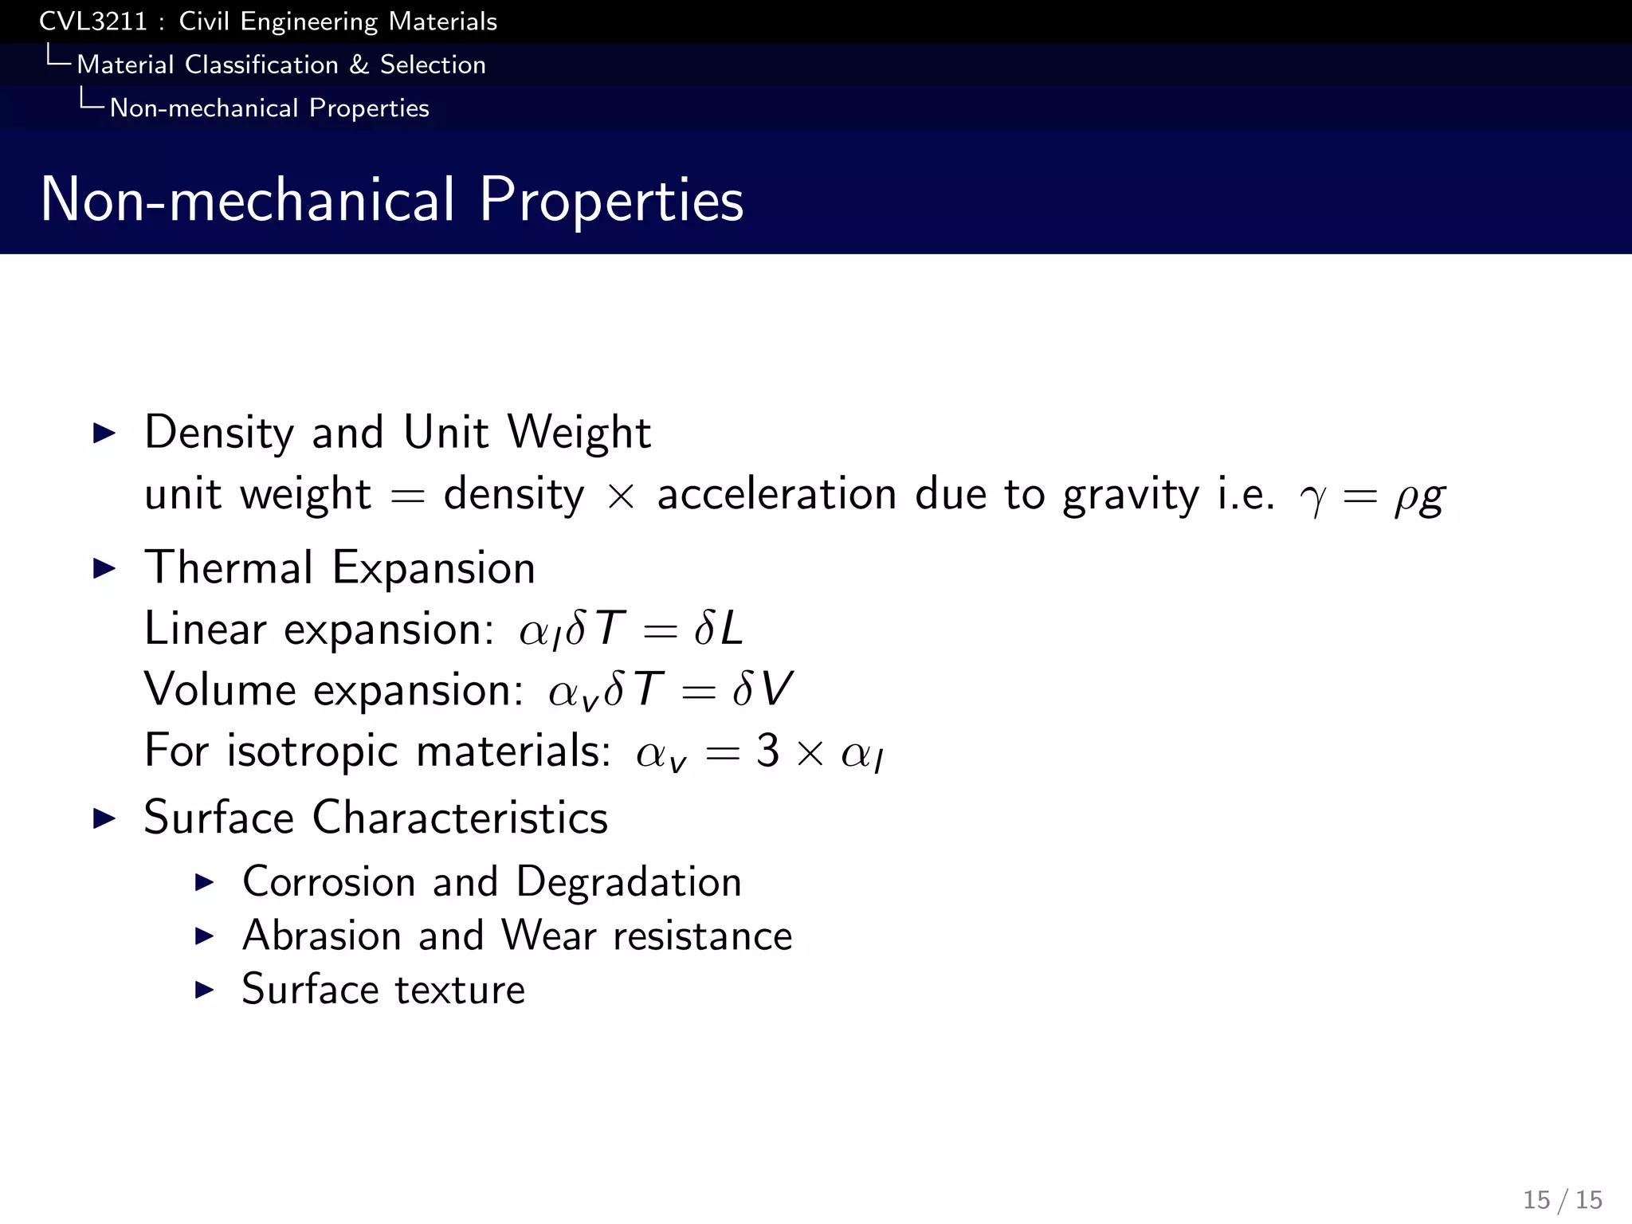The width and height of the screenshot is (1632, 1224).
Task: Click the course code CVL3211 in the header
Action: click(93, 22)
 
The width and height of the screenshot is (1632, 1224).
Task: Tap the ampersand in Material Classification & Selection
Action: click(359, 65)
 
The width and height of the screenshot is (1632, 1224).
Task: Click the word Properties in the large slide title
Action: click(611, 200)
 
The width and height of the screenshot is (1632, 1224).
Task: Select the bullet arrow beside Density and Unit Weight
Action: click(104, 433)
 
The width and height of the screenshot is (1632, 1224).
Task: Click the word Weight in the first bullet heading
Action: click(579, 433)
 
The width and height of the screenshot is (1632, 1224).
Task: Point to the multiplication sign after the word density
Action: click(621, 496)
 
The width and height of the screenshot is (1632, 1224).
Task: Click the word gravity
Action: click(1131, 495)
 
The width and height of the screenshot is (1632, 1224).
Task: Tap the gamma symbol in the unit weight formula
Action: click(1312, 499)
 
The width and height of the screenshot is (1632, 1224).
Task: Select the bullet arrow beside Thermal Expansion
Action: click(104, 569)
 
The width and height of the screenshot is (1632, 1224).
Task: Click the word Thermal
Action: click(229, 568)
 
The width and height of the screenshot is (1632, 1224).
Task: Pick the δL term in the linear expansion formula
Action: click(719, 630)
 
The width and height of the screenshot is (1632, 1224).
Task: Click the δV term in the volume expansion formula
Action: click(763, 690)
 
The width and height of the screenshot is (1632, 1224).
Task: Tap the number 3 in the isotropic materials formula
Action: click(767, 751)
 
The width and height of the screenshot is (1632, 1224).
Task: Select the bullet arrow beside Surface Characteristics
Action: click(104, 818)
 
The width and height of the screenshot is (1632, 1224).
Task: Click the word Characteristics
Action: click(460, 818)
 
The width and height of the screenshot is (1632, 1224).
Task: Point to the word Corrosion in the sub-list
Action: click(329, 882)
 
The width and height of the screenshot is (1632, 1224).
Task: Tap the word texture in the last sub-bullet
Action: click(460, 990)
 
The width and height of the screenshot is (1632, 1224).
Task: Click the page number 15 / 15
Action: click(1563, 1199)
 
